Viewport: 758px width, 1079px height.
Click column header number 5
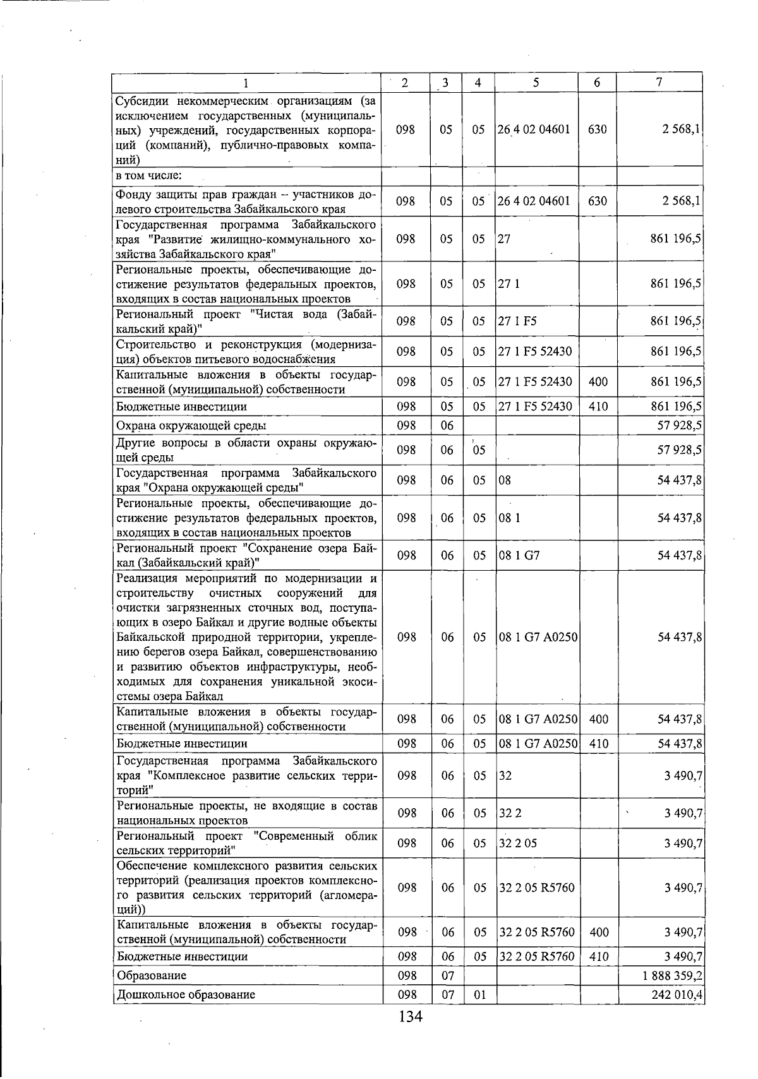[x=535, y=83]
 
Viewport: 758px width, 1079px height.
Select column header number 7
[x=659, y=83]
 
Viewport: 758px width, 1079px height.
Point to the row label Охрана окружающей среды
[x=190, y=426]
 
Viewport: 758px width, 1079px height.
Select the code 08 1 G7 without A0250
[x=519, y=556]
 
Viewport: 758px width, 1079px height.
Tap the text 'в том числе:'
[x=148, y=175]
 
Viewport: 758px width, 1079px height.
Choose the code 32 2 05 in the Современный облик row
[x=518, y=844]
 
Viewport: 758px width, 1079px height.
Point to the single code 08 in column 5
[x=505, y=480]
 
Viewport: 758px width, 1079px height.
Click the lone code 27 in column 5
[x=504, y=239]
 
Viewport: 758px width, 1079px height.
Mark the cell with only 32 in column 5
[x=505, y=775]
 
